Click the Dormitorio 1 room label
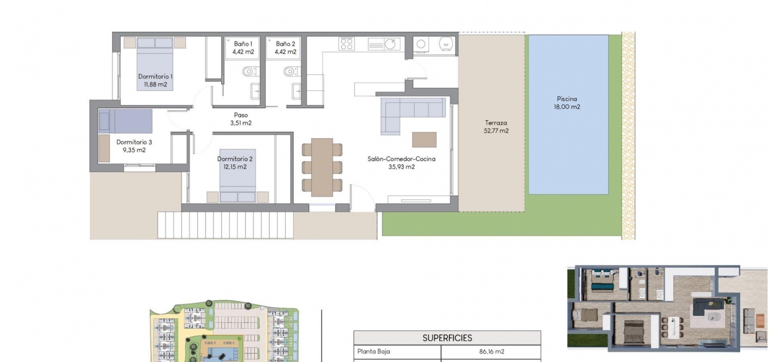[155, 77]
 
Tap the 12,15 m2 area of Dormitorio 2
[235, 167]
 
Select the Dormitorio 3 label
[134, 142]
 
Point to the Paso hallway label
[241, 115]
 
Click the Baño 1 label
[243, 44]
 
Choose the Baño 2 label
[286, 44]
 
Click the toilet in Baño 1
[249, 71]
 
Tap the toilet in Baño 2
[291, 71]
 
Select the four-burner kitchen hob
[346, 44]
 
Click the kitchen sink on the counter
[384, 44]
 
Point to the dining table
[322, 167]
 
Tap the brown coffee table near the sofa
[425, 140]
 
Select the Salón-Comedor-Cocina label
[401, 159]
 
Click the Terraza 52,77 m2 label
[496, 126]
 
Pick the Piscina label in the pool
[567, 99]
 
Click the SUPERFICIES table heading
[447, 338]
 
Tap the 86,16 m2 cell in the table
[492, 352]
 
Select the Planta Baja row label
[374, 352]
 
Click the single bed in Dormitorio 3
[125, 121]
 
